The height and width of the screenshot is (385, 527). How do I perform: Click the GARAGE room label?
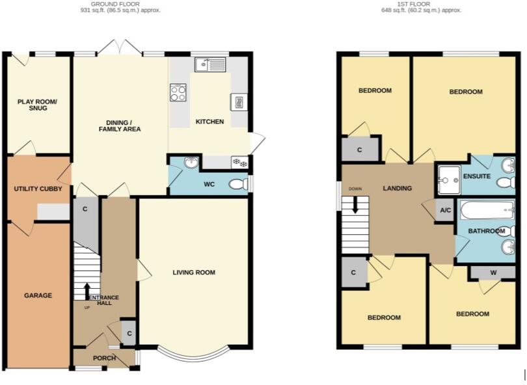click(38, 295)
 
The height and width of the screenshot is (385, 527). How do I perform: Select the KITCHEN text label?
click(209, 122)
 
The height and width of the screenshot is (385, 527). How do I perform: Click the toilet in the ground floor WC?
click(239, 185)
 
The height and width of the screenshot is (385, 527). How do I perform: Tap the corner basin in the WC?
click(190, 163)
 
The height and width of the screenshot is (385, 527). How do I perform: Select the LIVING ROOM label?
click(194, 272)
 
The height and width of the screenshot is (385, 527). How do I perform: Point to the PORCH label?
click(104, 358)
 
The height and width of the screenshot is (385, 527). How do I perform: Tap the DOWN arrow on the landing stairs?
click(355, 204)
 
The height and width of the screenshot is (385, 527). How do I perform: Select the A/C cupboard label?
click(446, 210)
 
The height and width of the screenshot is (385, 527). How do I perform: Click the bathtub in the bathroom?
click(488, 210)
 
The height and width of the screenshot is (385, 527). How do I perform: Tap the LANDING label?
click(397, 189)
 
